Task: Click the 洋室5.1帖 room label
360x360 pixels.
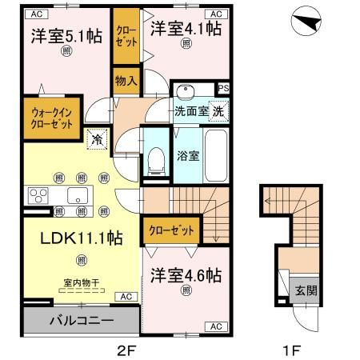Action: [67, 36]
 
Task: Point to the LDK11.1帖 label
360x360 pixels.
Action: [70, 238]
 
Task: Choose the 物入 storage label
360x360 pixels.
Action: [126, 81]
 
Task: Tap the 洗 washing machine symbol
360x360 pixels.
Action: [219, 112]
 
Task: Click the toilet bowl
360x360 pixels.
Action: [157, 164]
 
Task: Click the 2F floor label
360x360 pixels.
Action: [126, 350]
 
